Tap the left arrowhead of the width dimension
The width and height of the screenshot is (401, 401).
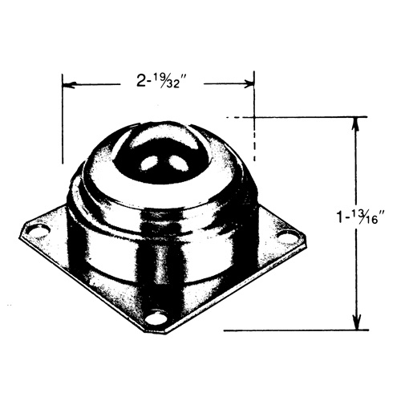pyautogui.click(x=68, y=83)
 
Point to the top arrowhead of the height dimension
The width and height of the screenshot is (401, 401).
pyautogui.click(x=355, y=124)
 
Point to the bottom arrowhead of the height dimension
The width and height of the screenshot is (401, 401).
pyautogui.click(x=355, y=323)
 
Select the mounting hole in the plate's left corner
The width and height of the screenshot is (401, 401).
pyautogui.click(x=34, y=232)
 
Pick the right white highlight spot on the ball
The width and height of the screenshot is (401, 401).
pyautogui.click(x=172, y=164)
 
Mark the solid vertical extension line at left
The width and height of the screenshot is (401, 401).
pyautogui.click(x=63, y=120)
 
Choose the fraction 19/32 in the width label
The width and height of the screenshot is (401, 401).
pyautogui.click(x=171, y=80)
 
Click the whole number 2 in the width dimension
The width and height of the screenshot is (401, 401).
pyautogui.click(x=140, y=80)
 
